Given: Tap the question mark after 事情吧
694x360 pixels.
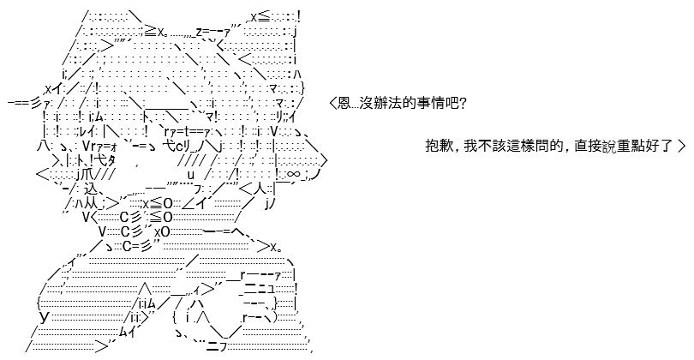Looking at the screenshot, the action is coord(462,104).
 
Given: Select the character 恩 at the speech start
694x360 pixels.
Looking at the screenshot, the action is coord(344,104).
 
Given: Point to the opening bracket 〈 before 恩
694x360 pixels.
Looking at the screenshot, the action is coord(332,104).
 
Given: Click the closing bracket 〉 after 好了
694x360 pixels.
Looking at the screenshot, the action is coord(681,146).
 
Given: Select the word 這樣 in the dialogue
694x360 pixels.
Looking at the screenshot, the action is coord(521,146).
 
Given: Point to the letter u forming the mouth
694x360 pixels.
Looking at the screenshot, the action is coord(191,174).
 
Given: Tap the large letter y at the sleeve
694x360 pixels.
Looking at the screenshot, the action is coord(44,316).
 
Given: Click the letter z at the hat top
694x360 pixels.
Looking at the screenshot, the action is coord(199,32).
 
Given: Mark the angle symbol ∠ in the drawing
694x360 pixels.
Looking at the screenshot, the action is coord(188,203).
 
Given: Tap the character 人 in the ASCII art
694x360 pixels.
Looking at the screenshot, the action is coord(260,189).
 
